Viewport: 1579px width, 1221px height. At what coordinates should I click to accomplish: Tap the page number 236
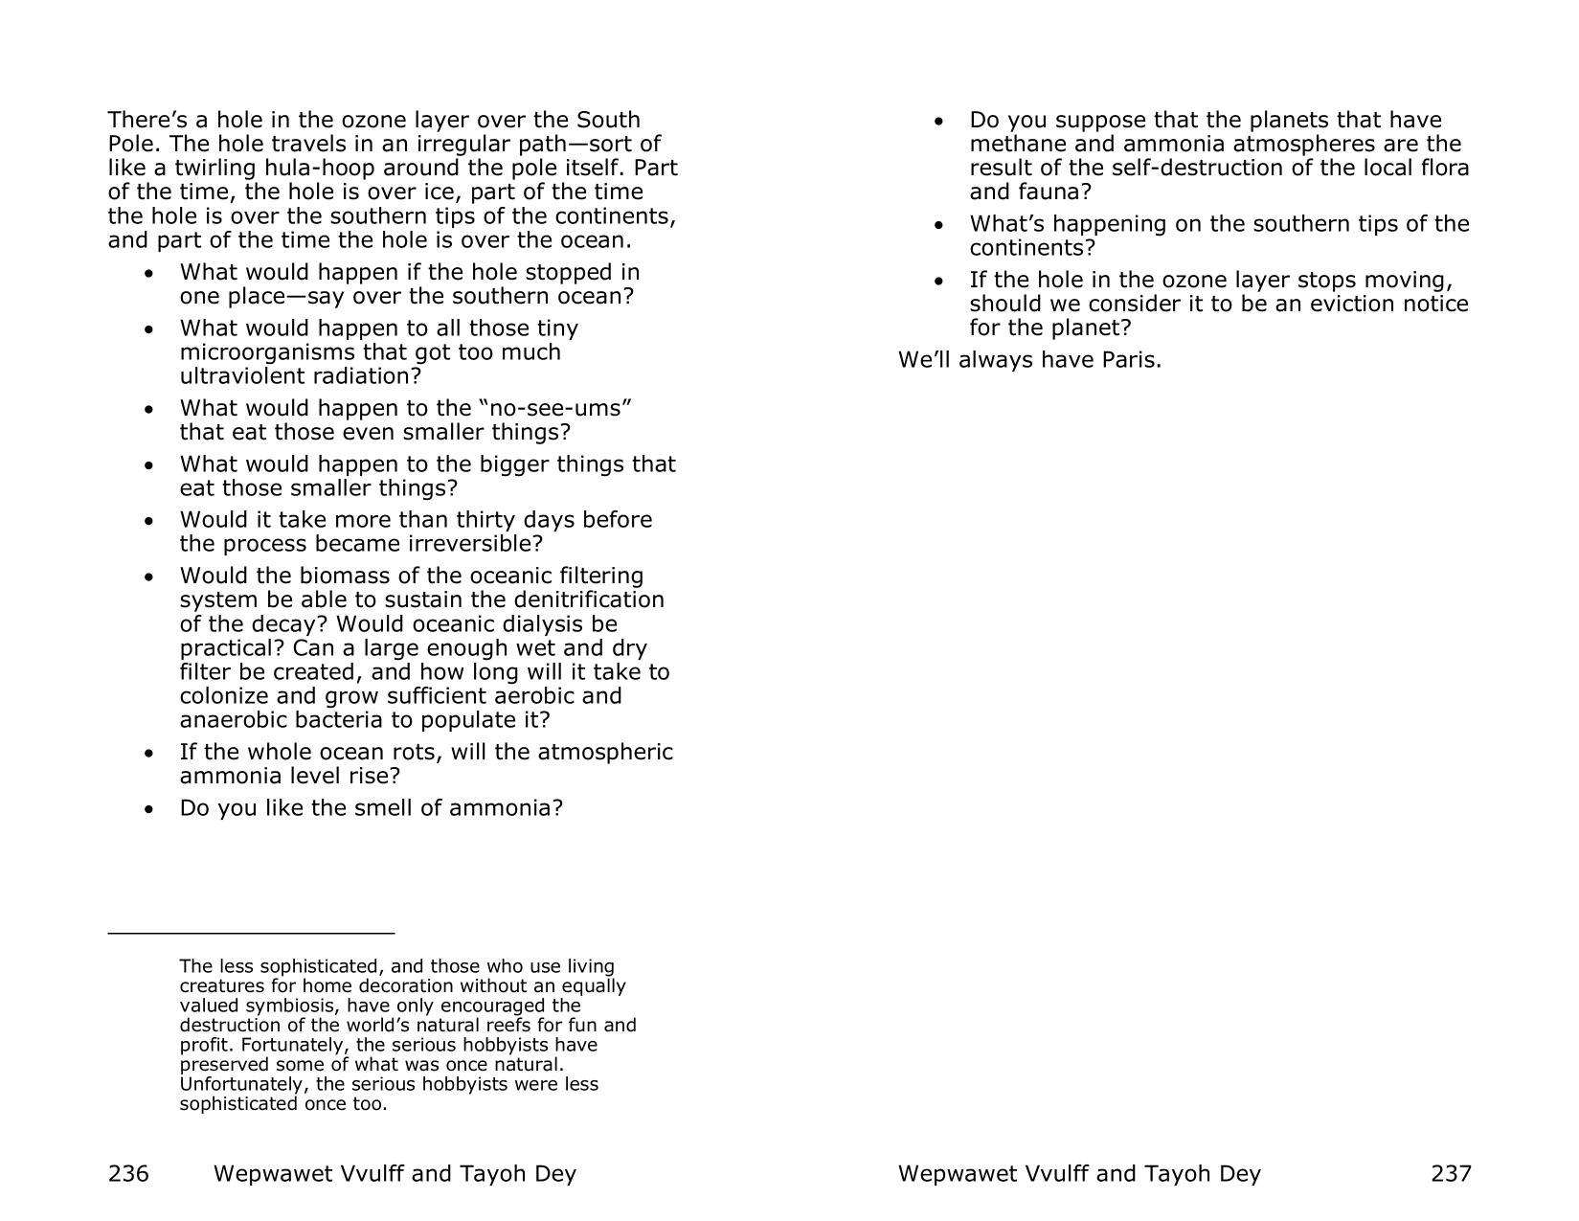coord(128,1173)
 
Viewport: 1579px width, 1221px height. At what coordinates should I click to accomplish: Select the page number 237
coord(1451,1173)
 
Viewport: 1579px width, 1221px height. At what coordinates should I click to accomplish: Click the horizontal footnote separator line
coord(251,932)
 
